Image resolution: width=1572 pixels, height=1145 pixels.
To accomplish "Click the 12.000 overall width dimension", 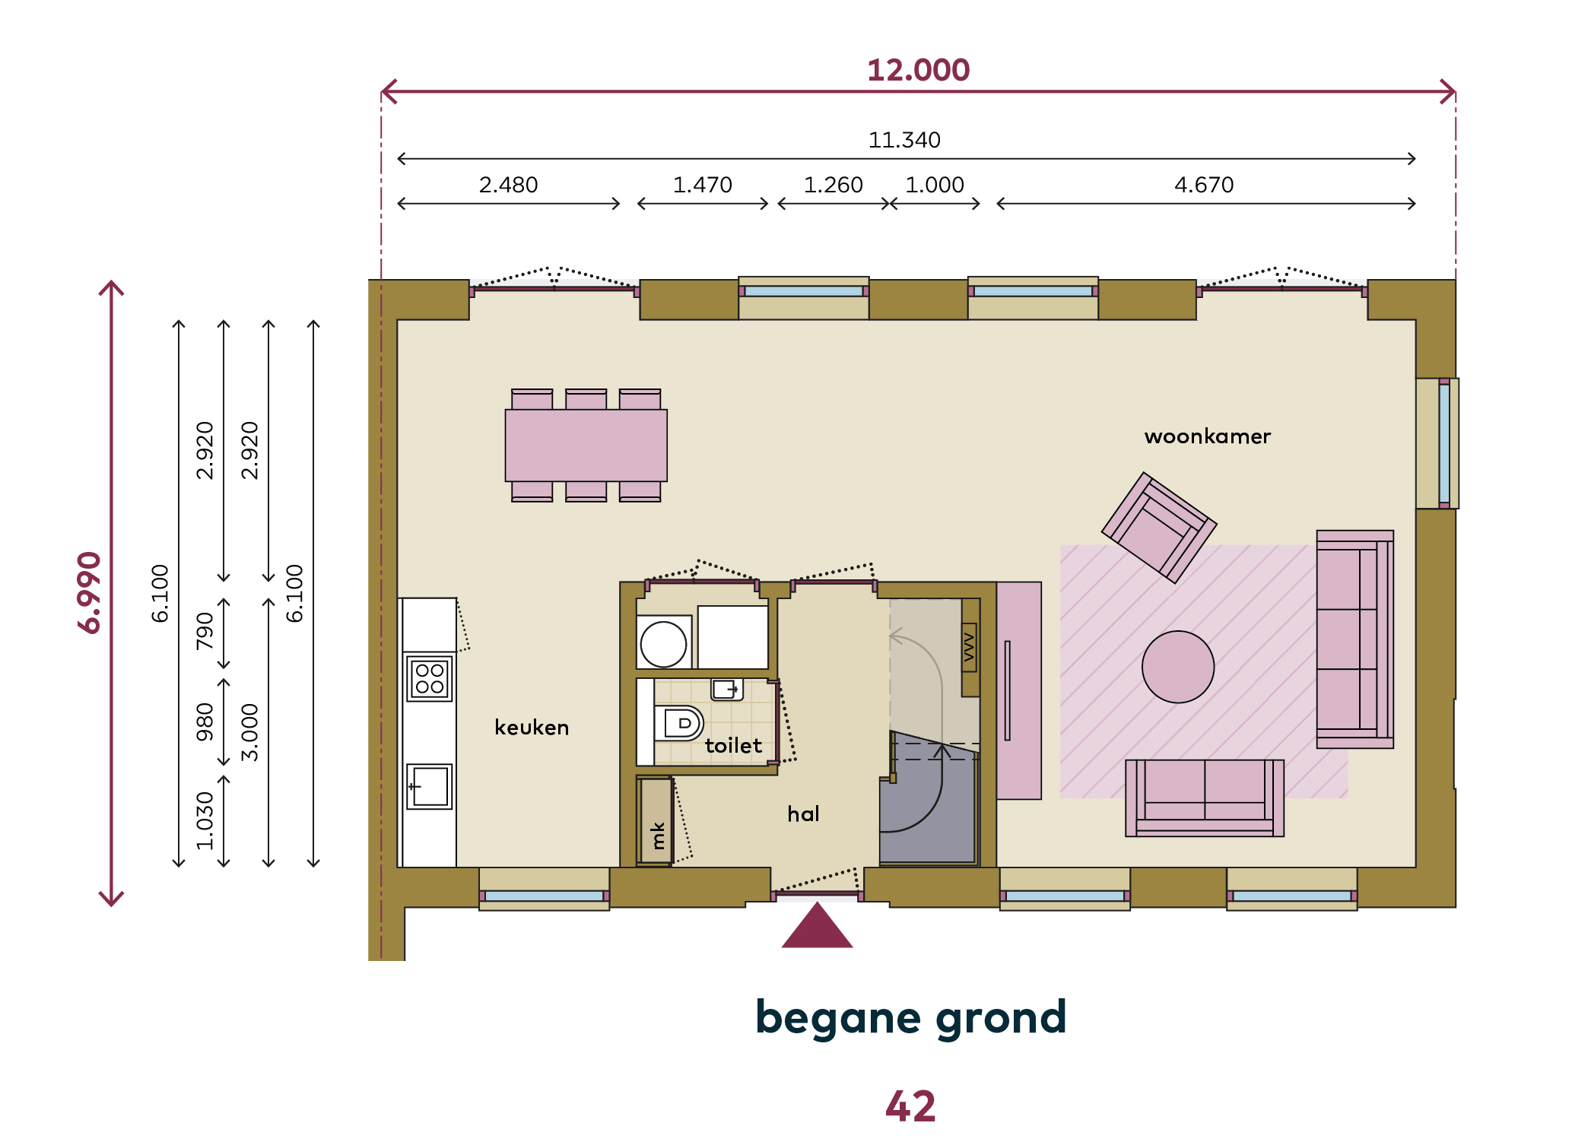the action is [x=918, y=71].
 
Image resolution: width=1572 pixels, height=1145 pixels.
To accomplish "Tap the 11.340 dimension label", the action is [x=904, y=140].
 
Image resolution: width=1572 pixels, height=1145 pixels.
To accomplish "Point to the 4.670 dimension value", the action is [x=1204, y=185].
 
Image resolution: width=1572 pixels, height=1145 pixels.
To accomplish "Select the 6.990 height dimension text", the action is [x=90, y=592].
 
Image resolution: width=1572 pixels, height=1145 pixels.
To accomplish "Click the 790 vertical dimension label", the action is [x=205, y=631].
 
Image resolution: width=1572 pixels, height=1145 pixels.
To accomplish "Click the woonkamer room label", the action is [x=1208, y=436].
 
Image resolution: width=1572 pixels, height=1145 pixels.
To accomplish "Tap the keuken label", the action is [x=532, y=728].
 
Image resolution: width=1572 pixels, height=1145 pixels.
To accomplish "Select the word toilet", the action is [x=733, y=745].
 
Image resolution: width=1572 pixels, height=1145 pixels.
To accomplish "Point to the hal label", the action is [x=803, y=814].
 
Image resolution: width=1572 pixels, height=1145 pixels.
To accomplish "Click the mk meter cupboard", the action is [x=655, y=821].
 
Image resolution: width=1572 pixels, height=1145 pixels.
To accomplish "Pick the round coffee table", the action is [x=1178, y=667].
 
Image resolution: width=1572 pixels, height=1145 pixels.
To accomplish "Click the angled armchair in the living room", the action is [x=1159, y=528].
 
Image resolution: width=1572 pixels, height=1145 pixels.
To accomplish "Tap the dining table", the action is [x=586, y=445].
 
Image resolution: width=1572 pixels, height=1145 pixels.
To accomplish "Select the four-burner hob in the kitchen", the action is [x=430, y=679].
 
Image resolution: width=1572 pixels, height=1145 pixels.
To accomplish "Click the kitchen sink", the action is [x=430, y=786].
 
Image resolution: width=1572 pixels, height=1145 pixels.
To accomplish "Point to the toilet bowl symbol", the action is [x=678, y=723].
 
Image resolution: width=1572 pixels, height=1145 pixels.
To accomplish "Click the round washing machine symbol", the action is [x=663, y=644].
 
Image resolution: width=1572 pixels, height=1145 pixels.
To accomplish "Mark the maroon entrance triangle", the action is [x=817, y=925].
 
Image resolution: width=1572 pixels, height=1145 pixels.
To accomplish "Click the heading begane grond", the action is [x=911, y=1019].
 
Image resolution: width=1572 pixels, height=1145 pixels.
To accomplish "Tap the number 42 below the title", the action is [x=910, y=1106].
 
